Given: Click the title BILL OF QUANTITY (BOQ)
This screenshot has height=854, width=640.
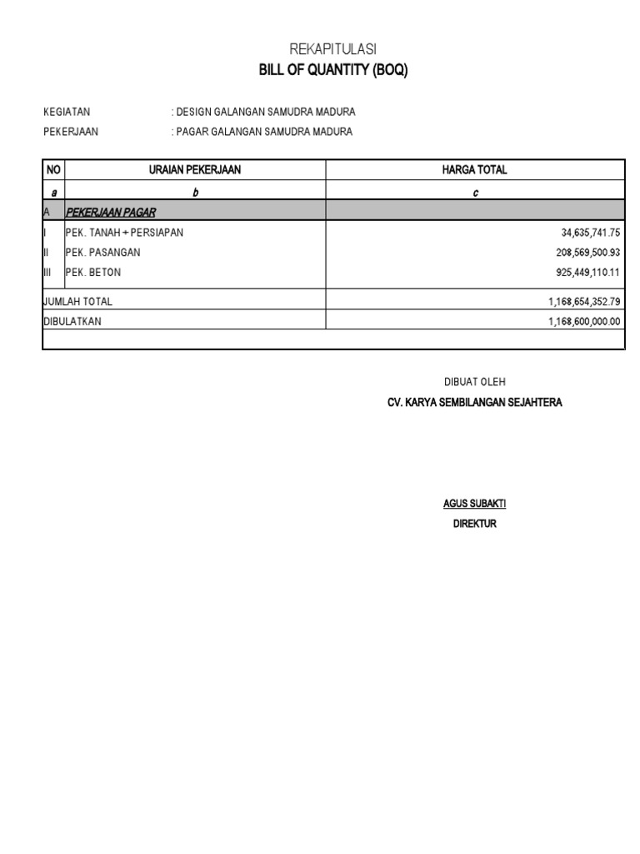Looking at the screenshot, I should click(x=333, y=71).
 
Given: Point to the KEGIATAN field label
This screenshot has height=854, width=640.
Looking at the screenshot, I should click(x=67, y=112).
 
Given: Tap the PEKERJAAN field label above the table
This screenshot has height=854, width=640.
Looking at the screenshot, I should click(x=71, y=132).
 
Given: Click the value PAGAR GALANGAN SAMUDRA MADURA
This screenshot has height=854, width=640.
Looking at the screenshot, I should click(x=264, y=132).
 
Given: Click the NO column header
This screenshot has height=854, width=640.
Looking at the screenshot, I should click(x=54, y=170).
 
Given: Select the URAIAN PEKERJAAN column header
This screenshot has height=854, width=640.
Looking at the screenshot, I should click(x=195, y=170).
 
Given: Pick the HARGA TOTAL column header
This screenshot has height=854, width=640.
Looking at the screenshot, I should click(x=474, y=170).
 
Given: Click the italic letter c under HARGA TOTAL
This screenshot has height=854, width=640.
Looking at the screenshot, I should click(x=475, y=193).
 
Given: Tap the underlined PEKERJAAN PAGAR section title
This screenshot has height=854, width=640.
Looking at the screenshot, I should click(x=111, y=213).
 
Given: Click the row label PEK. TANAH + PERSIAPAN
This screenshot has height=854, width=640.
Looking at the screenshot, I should click(x=124, y=233).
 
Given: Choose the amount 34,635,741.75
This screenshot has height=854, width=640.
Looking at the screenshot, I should click(x=585, y=233).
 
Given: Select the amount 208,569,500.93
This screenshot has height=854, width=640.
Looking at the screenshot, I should click(x=582, y=253).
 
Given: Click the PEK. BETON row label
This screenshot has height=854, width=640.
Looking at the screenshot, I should click(x=93, y=273).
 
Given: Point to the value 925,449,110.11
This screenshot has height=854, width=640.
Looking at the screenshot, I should click(x=582, y=273).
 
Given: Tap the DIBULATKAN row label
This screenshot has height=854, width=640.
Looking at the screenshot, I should click(x=72, y=321).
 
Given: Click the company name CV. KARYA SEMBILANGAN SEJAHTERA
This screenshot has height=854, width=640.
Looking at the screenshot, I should click(x=474, y=403).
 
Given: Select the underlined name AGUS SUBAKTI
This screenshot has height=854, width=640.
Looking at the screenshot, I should click(x=474, y=505).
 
